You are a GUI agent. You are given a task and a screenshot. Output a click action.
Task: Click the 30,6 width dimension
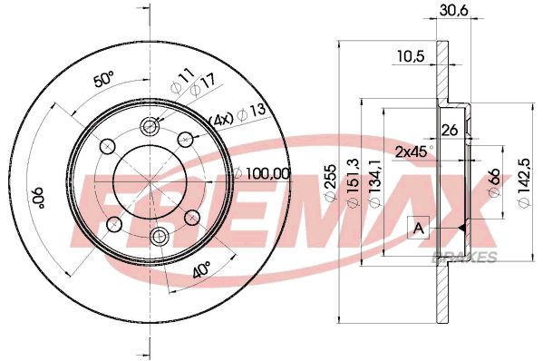pos(453,10)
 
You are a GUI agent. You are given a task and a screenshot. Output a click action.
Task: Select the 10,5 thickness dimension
pos(410,55)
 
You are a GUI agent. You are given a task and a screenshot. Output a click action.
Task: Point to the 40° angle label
pos(201,269)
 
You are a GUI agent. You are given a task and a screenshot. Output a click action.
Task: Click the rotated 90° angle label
pos(37,198)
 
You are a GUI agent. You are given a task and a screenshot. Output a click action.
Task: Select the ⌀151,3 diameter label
pos(354,183)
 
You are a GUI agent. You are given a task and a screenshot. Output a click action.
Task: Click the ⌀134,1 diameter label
pos(375,183)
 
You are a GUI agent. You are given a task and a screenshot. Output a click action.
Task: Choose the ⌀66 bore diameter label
pos(495,182)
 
